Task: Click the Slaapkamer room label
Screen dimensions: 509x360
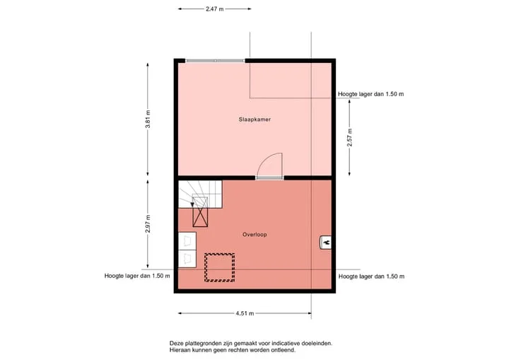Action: pos(255,120)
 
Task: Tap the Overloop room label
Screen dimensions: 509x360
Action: pos(255,234)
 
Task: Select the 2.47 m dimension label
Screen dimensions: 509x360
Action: pos(215,9)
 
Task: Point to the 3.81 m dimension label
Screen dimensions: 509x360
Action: pos(148,120)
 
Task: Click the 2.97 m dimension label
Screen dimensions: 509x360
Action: pos(148,224)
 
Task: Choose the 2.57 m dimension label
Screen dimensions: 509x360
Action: pos(349,137)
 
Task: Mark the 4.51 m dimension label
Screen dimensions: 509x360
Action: pos(245,313)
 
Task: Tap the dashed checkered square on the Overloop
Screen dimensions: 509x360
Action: pos(219,267)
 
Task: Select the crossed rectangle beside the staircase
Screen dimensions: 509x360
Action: pos(200,211)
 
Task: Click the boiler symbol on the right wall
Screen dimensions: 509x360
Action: pos(326,242)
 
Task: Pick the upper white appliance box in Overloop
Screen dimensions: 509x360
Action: pos(187,241)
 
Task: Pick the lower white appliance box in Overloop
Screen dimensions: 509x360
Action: pos(187,259)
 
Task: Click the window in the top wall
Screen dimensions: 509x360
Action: pos(215,61)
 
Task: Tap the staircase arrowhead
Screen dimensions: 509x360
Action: pos(192,204)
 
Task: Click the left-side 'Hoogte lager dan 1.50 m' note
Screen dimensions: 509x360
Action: pos(137,276)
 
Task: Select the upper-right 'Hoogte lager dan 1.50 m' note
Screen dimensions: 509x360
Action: pos(370,94)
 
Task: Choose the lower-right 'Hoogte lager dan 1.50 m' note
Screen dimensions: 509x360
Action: pos(371,277)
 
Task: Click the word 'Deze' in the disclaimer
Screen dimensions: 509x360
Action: pos(175,343)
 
